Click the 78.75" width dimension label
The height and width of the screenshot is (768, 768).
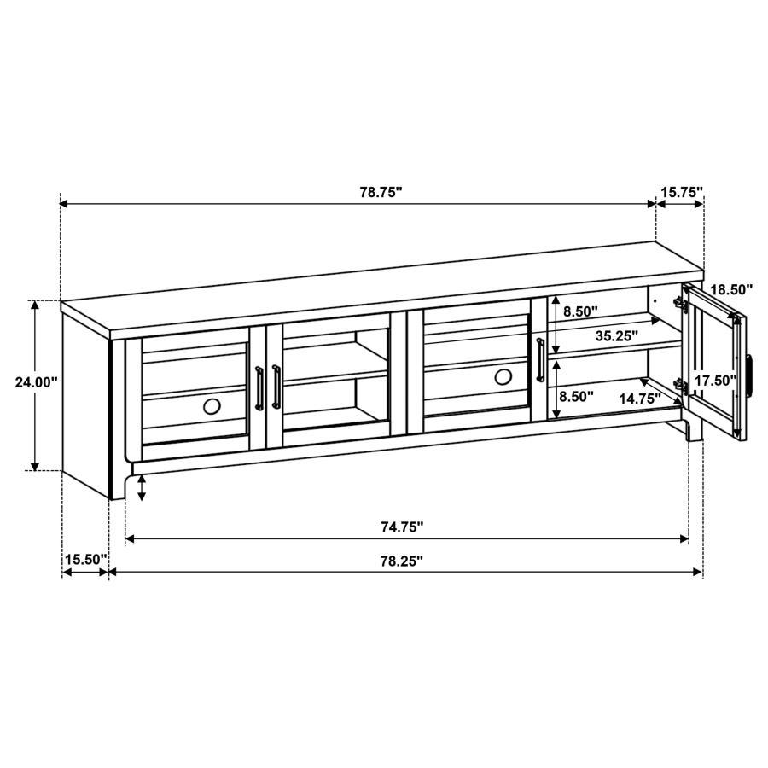(x=380, y=193)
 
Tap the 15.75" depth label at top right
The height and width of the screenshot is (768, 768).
(x=681, y=193)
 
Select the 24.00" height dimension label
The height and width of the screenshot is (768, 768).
(x=36, y=383)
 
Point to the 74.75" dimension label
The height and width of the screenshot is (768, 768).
(x=402, y=527)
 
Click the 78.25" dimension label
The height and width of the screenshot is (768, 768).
(x=402, y=561)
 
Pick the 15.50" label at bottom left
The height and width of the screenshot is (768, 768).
(x=85, y=560)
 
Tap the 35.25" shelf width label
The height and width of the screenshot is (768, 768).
(x=617, y=336)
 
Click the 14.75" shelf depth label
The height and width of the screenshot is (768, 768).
(x=639, y=397)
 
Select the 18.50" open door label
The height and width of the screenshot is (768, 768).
(x=732, y=290)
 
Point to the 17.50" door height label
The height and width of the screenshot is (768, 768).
(x=715, y=381)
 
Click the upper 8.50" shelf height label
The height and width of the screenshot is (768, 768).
(x=579, y=312)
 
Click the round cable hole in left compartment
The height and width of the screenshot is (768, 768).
(x=211, y=406)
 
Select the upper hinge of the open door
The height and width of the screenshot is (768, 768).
(x=681, y=304)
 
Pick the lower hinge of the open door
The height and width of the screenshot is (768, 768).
(x=681, y=386)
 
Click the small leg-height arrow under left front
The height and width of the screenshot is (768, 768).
(x=142, y=488)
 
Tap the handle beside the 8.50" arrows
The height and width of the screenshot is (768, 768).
(x=540, y=360)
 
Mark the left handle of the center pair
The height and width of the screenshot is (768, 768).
(x=259, y=388)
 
